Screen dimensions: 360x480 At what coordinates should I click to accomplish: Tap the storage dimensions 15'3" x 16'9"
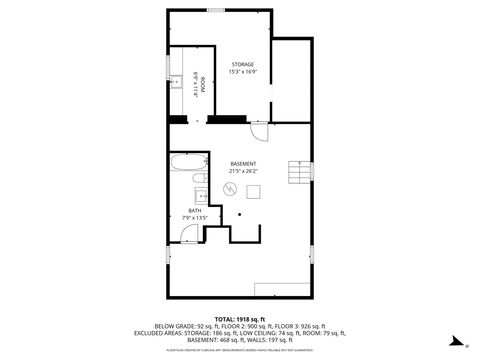pos(243,71)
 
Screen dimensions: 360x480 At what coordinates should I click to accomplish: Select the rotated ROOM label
pos(203,87)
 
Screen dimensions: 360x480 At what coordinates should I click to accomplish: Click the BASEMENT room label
pos(243,163)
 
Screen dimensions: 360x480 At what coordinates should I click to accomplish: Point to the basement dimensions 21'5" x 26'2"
pos(243,172)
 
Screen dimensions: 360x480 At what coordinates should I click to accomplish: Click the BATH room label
pos(194,210)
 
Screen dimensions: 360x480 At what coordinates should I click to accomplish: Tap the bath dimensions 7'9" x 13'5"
pos(194,218)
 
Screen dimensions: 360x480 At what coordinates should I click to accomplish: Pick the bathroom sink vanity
pos(199,195)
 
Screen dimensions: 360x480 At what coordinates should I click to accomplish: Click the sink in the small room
pos(174,80)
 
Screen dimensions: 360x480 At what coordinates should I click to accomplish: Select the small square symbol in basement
pos(253,192)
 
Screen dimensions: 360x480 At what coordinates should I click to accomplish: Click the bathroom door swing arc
pos(189,234)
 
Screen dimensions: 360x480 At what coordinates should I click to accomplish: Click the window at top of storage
pos(216,10)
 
